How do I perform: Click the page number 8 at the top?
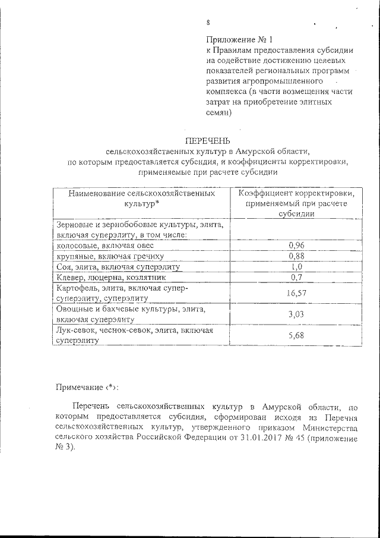tap(208, 23)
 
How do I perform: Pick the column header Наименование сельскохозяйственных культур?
tap(141, 199)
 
